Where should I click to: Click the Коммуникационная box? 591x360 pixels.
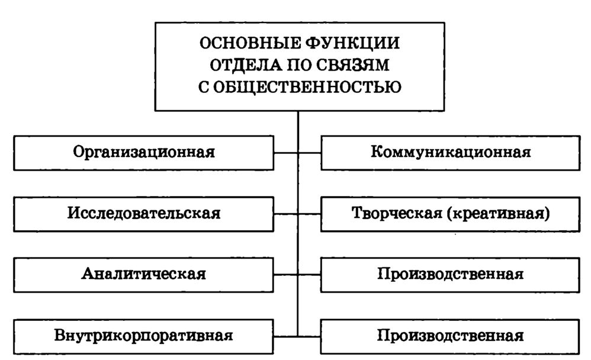click(451, 152)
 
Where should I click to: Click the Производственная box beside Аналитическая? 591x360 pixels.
click(451, 274)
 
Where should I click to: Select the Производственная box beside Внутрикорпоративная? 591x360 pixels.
click(451, 336)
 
